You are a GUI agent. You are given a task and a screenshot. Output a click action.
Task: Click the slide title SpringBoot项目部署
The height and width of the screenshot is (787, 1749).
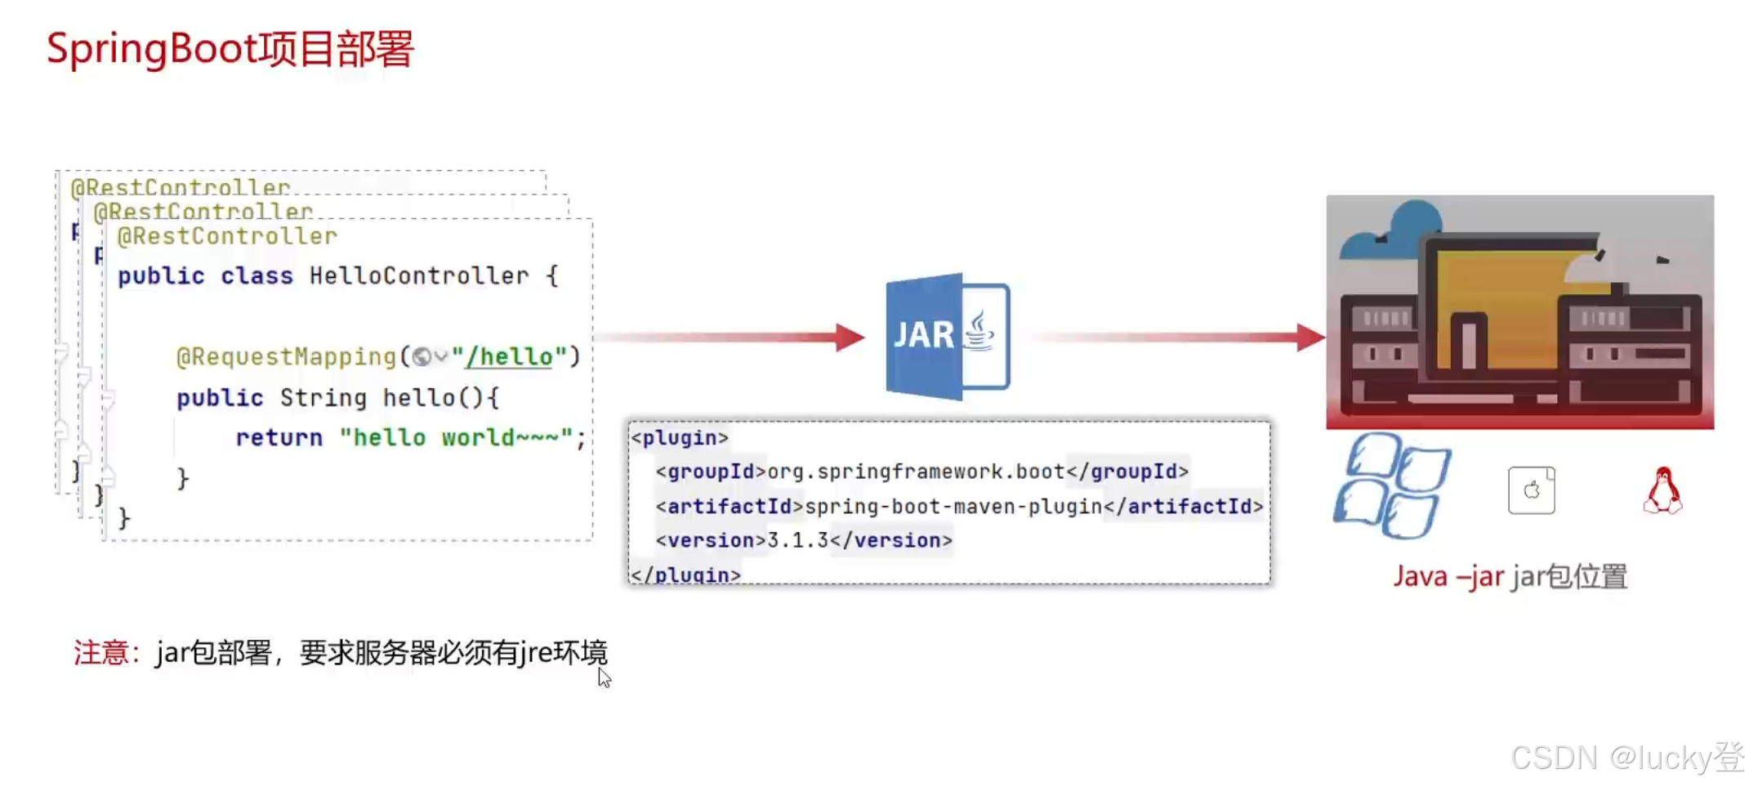pyautogui.click(x=230, y=49)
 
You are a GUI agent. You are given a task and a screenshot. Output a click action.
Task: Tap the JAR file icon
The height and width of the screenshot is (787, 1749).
pyautogui.click(x=948, y=336)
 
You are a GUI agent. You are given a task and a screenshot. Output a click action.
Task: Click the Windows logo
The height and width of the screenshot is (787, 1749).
pyautogui.click(x=1392, y=485)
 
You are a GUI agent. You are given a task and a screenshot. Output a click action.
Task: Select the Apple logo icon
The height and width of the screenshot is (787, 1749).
pyautogui.click(x=1531, y=490)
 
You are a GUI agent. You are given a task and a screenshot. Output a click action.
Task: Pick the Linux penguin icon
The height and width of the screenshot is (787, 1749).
pyautogui.click(x=1662, y=490)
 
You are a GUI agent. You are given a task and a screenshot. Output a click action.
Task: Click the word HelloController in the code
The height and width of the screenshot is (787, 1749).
pyautogui.click(x=418, y=276)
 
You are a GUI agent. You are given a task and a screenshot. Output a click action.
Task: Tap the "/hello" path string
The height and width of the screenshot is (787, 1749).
pyautogui.click(x=509, y=356)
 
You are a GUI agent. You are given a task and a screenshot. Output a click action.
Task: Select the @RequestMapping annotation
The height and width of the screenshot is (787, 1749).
pyautogui.click(x=286, y=356)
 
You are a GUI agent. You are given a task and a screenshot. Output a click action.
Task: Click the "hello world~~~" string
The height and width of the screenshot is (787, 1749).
pyautogui.click(x=455, y=437)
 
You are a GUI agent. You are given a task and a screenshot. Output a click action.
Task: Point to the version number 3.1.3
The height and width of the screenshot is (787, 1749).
pyautogui.click(x=798, y=540)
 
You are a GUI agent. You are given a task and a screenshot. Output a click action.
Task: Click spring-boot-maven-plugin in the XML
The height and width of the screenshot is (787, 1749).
pyautogui.click(x=953, y=507)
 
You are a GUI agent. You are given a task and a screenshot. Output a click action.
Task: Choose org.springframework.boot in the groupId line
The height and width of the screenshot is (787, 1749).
pyautogui.click(x=916, y=472)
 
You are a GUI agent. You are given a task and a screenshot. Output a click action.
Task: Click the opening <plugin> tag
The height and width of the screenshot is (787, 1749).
pyautogui.click(x=680, y=438)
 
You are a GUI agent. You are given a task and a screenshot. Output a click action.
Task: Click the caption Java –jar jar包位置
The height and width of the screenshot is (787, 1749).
pyautogui.click(x=1510, y=576)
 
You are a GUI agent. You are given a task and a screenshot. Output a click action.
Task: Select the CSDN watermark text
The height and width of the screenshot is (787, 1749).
pyautogui.click(x=1626, y=758)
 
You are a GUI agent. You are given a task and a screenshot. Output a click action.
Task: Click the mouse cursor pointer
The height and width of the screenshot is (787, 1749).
pyautogui.click(x=603, y=677)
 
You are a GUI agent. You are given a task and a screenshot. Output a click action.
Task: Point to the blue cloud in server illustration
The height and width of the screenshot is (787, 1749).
pyautogui.click(x=1405, y=225)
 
